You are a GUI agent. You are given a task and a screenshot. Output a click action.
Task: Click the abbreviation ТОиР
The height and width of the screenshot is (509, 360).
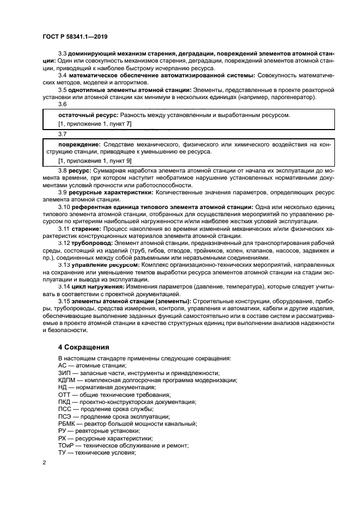tap(66, 445)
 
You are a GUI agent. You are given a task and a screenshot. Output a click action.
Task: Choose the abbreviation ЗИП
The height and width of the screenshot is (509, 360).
tap(65, 373)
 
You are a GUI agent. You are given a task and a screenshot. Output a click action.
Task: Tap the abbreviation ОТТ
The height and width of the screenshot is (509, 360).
tap(65, 395)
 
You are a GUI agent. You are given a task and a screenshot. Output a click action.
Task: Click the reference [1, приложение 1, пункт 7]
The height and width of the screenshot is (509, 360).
tap(95, 124)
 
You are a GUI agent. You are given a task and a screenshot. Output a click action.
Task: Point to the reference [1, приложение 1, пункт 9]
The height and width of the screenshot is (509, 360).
tap(95, 161)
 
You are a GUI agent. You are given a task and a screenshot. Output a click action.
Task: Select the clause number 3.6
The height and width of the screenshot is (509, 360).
tap(62, 105)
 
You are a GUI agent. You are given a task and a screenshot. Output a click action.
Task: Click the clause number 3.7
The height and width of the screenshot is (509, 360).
tap(62, 133)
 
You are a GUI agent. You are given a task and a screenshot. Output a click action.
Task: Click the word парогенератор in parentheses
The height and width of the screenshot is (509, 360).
tap(294, 97)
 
